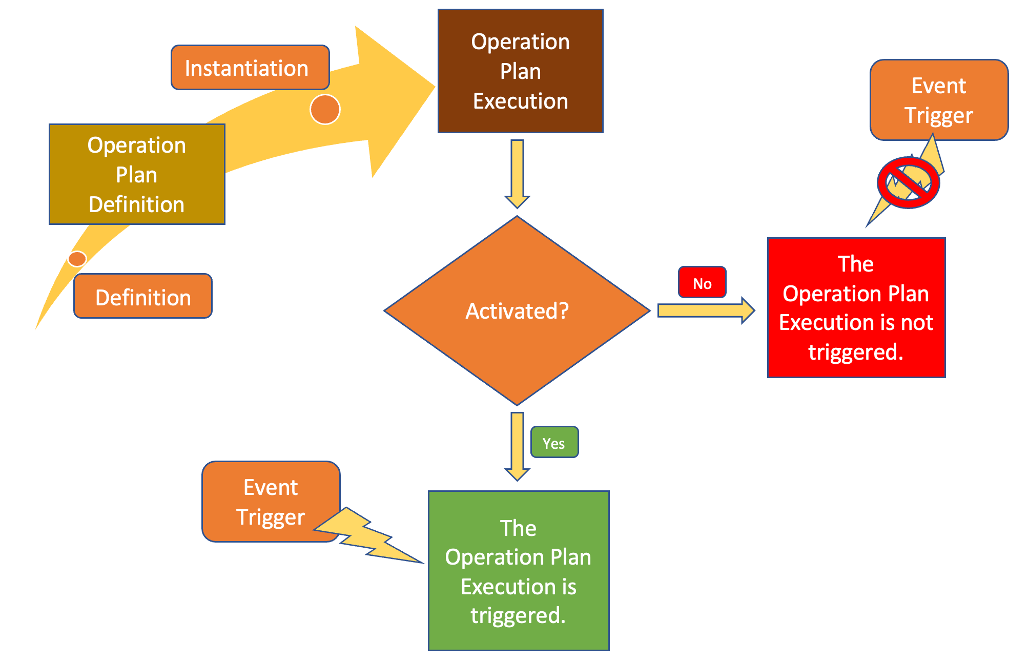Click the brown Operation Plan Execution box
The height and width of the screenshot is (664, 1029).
tap(520, 71)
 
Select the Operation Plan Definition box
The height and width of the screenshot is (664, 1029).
tap(137, 174)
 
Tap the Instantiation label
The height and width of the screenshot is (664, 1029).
tap(250, 68)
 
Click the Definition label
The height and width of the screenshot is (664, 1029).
tap(143, 297)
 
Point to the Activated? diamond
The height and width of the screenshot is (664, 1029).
tap(517, 310)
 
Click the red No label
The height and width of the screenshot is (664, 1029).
tap(702, 282)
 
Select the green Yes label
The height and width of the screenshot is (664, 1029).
tap(554, 442)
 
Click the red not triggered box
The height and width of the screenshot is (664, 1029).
tap(856, 307)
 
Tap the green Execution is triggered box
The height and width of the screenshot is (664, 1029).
tap(519, 570)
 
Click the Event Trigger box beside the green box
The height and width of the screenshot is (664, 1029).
tap(270, 501)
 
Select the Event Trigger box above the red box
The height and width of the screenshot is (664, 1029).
tap(938, 100)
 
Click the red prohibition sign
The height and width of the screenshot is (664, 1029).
tap(908, 182)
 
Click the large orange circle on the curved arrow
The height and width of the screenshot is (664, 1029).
tap(325, 109)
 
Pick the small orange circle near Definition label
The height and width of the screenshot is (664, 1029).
tap(77, 259)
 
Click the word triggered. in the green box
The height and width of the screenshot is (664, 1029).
tap(518, 615)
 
